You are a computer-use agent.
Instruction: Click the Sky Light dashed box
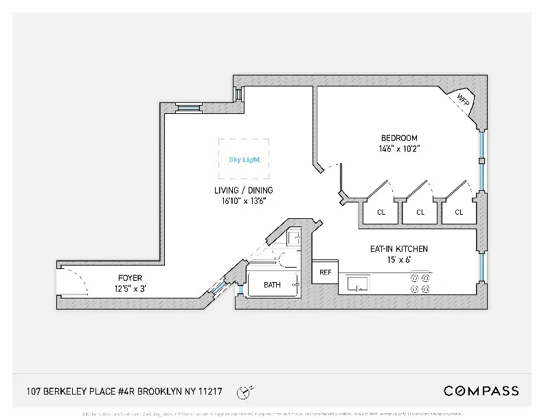(244, 159)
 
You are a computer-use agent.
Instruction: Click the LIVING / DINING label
(242, 190)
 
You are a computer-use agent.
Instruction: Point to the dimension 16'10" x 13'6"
(242, 200)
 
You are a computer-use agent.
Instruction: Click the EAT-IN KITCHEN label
(398, 248)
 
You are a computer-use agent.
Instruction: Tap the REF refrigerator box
(326, 272)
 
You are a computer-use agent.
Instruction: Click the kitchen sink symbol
(358, 283)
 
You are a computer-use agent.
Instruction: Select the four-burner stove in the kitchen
(420, 283)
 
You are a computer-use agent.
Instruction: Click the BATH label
(273, 284)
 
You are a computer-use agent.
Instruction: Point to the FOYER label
(130, 278)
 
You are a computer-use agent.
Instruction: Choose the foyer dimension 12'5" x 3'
(130, 288)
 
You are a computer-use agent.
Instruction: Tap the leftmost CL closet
(381, 212)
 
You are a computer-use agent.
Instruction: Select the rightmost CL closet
(459, 212)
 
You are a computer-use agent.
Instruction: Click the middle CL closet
(420, 212)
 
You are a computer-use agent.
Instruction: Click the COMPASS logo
(481, 391)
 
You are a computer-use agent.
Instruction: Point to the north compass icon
(242, 392)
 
